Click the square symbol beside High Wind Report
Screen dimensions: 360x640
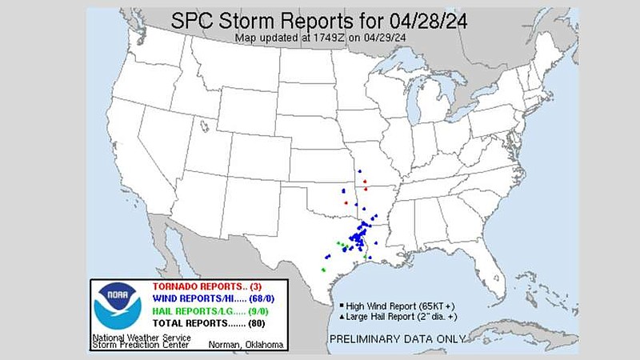pyautogui.click(x=342, y=306)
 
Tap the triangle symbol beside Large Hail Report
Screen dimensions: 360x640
pyautogui.click(x=342, y=318)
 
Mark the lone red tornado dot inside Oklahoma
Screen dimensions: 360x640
pyautogui.click(x=346, y=202)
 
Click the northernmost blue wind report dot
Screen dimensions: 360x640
pyautogui.click(x=361, y=170)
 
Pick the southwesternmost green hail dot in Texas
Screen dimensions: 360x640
pyautogui.click(x=324, y=270)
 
